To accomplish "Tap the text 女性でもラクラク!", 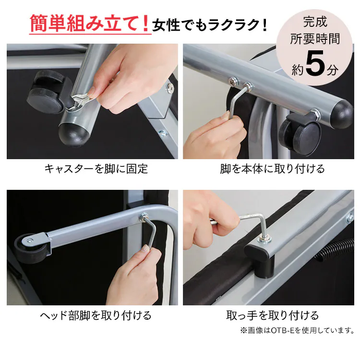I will tap(209, 24).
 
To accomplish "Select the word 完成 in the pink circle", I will tap(315, 22).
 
